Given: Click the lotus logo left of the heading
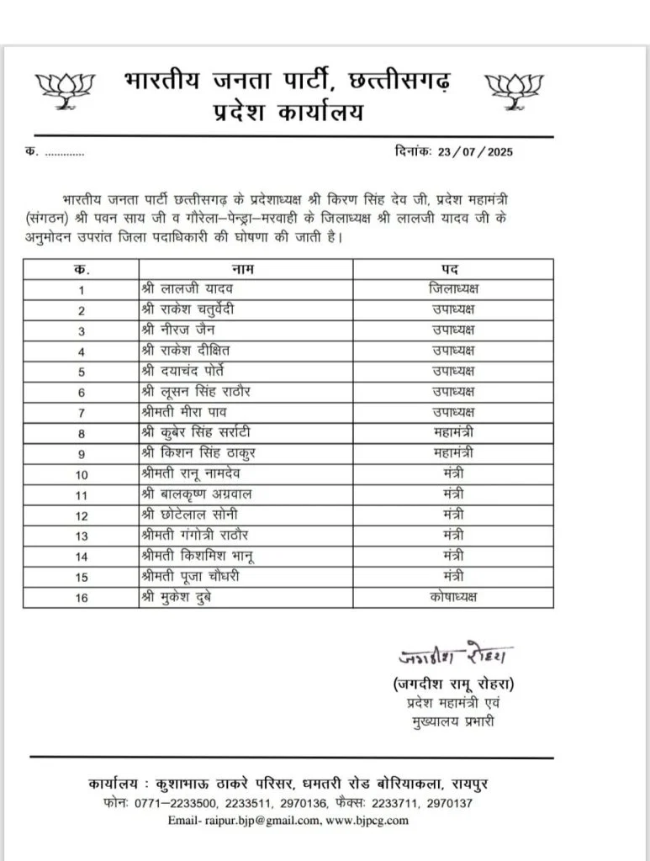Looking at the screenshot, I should [x=65, y=90].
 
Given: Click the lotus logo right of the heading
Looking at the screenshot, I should [x=515, y=90].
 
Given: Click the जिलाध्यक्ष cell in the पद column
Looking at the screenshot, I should [x=453, y=289].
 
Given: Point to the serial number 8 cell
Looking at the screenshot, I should [x=82, y=434].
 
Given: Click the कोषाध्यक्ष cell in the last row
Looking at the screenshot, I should [x=453, y=597].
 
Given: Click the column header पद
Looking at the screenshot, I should [x=452, y=270].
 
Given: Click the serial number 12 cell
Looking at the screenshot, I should [x=82, y=515].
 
